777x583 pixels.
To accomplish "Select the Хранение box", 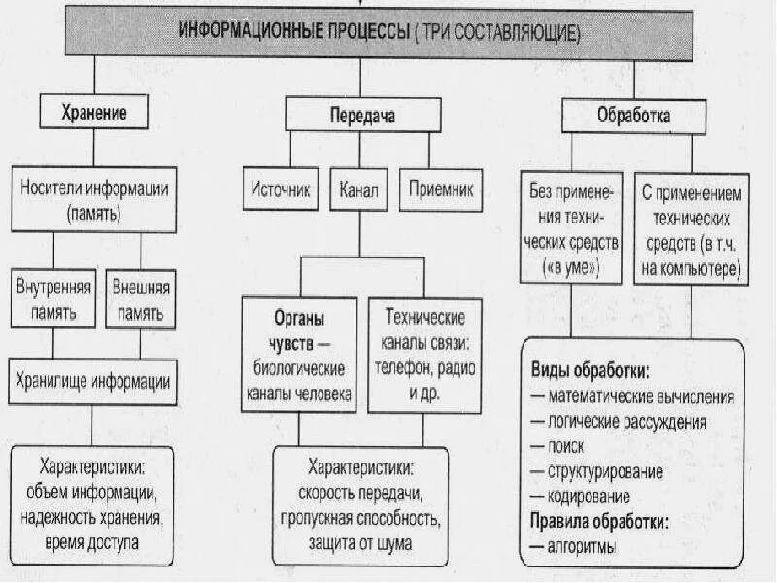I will [94, 112].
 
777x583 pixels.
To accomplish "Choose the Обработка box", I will [634, 117].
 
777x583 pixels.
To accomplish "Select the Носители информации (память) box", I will [94, 199].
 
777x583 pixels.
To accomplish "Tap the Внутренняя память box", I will [54, 301].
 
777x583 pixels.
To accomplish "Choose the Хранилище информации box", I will [94, 381].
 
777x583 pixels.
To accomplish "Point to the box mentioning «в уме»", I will [567, 227].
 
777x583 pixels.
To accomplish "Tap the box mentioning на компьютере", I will [692, 227].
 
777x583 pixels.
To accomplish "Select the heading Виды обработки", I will [590, 372].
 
